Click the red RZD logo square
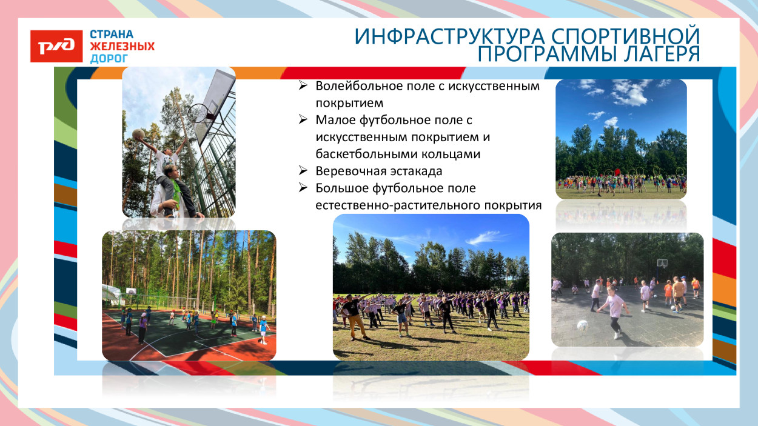coord(56,46)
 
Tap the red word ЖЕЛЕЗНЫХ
coord(122,46)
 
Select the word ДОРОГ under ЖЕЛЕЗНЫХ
coord(109,59)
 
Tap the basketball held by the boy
coord(138,134)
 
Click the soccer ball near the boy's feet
coord(583,325)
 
